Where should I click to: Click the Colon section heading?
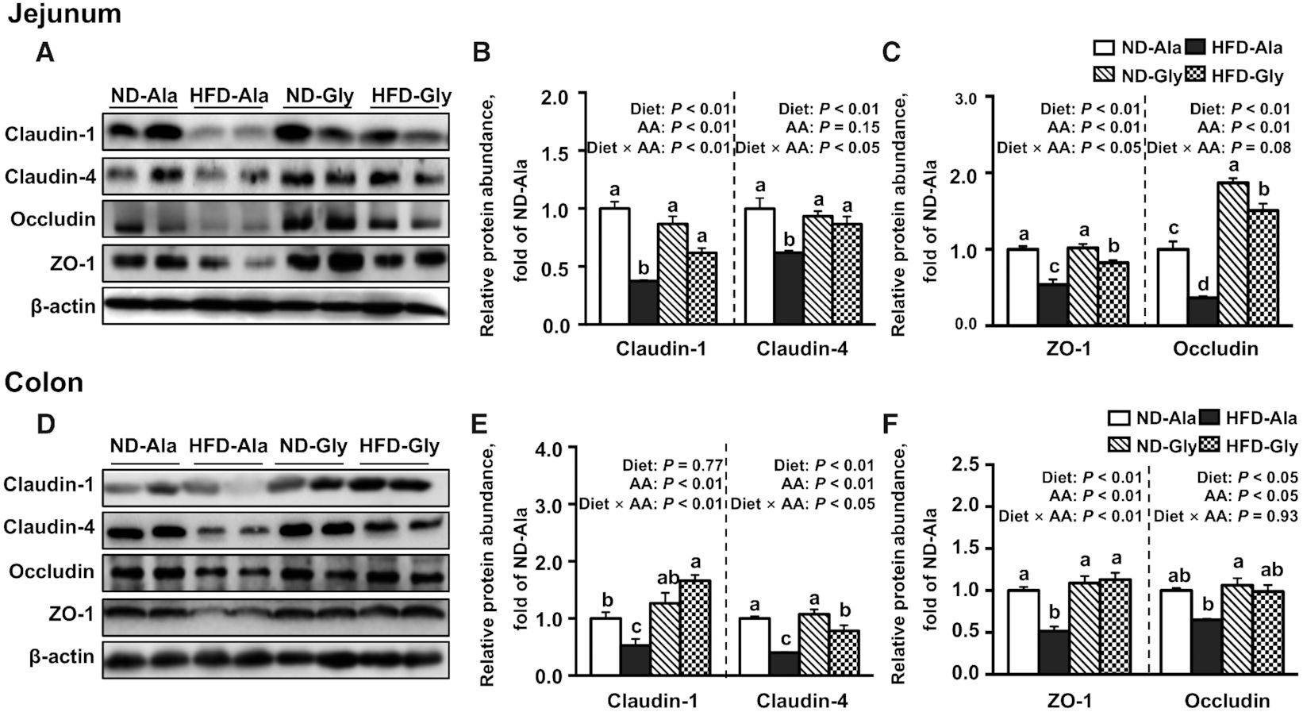pyautogui.click(x=44, y=382)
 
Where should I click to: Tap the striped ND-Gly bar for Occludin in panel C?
pyautogui.click(x=1232, y=253)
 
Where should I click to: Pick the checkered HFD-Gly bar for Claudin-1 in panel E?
pyautogui.click(x=695, y=627)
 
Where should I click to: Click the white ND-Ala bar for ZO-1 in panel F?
pyautogui.click(x=1022, y=632)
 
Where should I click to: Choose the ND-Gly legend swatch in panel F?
pyautogui.click(x=1124, y=445)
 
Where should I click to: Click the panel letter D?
pyautogui.click(x=45, y=424)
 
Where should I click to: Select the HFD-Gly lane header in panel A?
pyautogui.click(x=411, y=97)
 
